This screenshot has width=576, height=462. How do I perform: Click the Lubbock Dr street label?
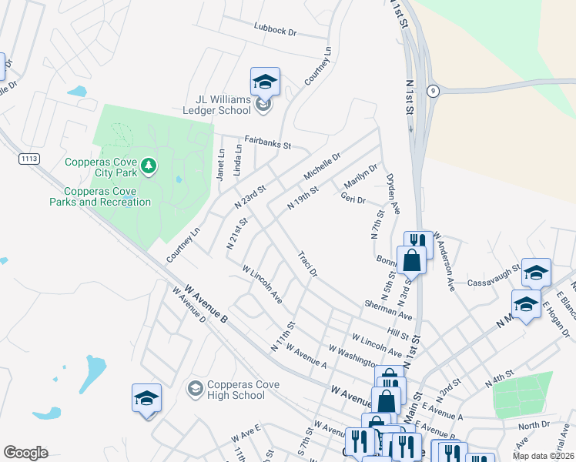click(x=275, y=31)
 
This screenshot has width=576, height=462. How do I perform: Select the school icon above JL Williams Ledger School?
click(x=265, y=82)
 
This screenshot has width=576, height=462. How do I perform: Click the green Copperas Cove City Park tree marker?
click(x=149, y=165)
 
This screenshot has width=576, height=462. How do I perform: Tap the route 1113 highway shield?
click(x=28, y=159)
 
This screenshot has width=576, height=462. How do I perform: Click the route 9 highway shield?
click(x=434, y=90)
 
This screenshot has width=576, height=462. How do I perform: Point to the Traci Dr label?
click(x=306, y=263)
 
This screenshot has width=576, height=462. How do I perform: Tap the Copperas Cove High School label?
click(x=236, y=390)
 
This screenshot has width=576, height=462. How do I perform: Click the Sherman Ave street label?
click(x=390, y=310)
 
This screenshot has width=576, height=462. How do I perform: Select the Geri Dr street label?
click(x=352, y=198)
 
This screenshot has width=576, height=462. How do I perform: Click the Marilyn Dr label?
click(x=361, y=179)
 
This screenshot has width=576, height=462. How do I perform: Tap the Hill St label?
click(x=398, y=333)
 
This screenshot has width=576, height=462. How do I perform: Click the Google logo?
click(x=25, y=453)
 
